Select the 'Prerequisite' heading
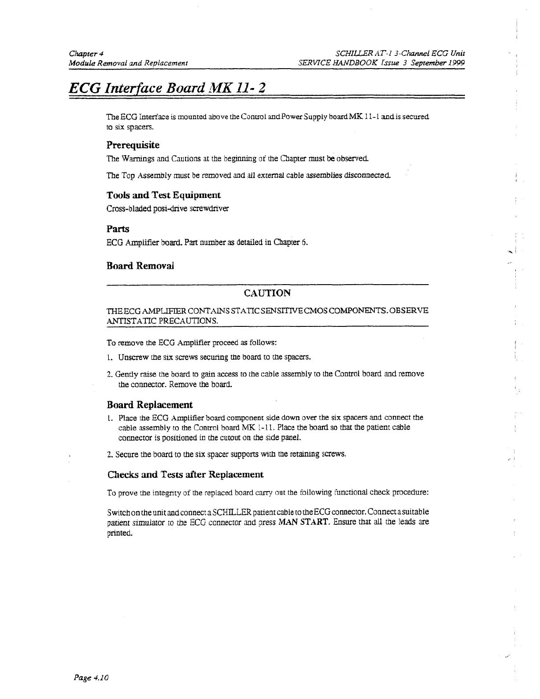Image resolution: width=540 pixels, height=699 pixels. click(133, 145)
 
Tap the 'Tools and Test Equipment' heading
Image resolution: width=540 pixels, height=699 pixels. click(163, 195)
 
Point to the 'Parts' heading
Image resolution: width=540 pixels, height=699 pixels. click(118, 229)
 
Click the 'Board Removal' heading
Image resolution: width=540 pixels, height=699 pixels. click(140, 266)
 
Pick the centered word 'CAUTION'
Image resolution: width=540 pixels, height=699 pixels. click(267, 293)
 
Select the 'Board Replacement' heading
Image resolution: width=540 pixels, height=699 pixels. click(150, 405)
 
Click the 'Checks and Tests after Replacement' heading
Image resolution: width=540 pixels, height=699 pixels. click(185, 475)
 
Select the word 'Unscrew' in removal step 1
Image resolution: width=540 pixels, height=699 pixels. click(131, 356)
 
